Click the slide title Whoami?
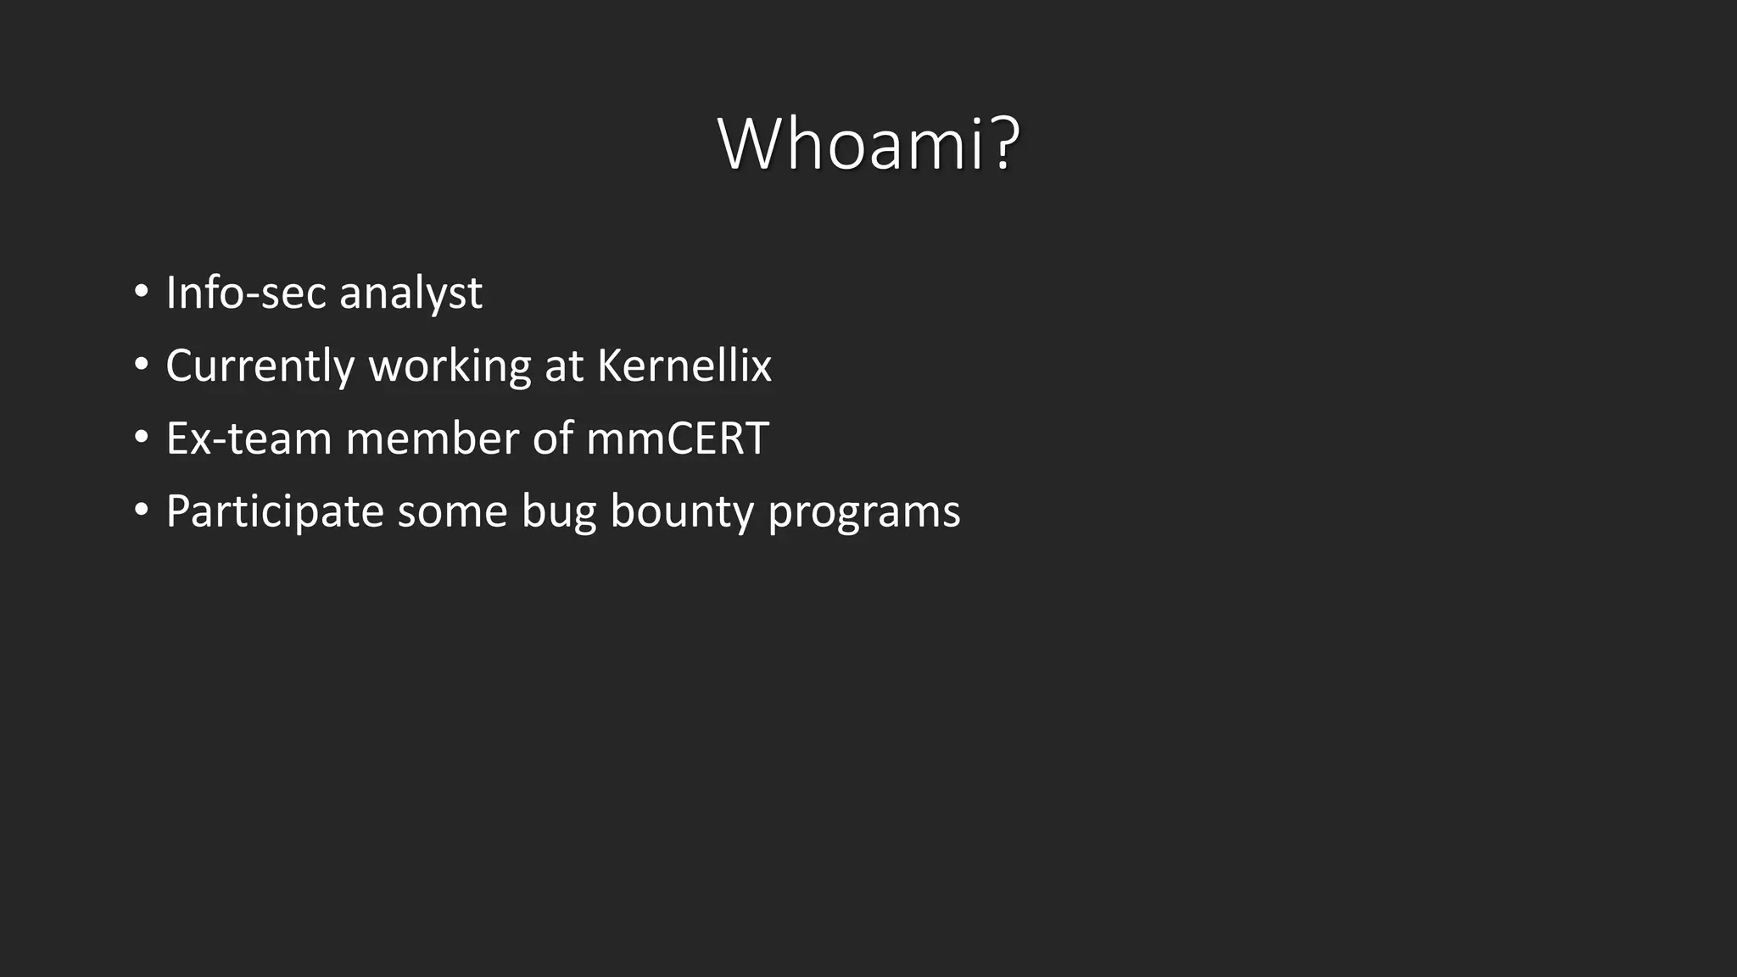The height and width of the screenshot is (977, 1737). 868,144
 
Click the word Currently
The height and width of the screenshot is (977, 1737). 260,366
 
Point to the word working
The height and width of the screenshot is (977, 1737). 450,366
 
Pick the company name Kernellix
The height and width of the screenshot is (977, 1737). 684,366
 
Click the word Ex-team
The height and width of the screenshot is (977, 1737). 249,439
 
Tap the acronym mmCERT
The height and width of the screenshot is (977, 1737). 677,439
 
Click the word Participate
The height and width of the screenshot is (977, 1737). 275,512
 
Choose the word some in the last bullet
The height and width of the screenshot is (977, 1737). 452,512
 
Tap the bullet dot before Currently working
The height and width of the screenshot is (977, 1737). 142,365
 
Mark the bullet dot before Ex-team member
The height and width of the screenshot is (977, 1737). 142,438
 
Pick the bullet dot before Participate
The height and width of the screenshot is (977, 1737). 142,511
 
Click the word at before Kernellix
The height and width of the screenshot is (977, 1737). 564,366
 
